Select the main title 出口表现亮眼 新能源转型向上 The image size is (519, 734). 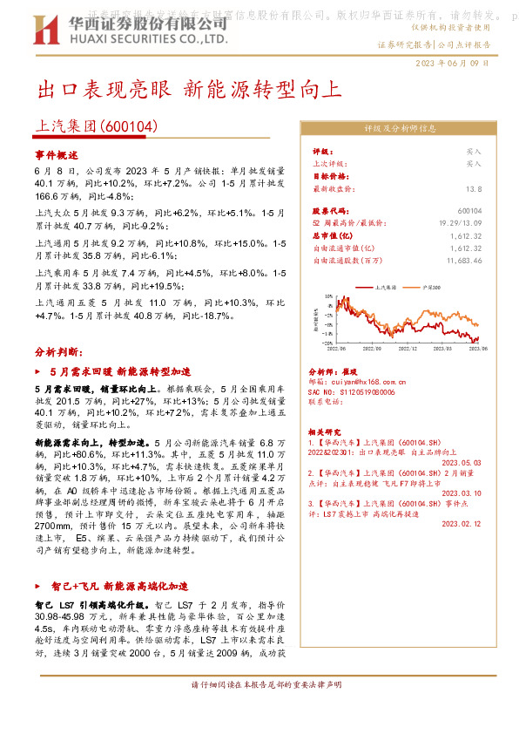point(189,90)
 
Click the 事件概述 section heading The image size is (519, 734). point(57,153)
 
